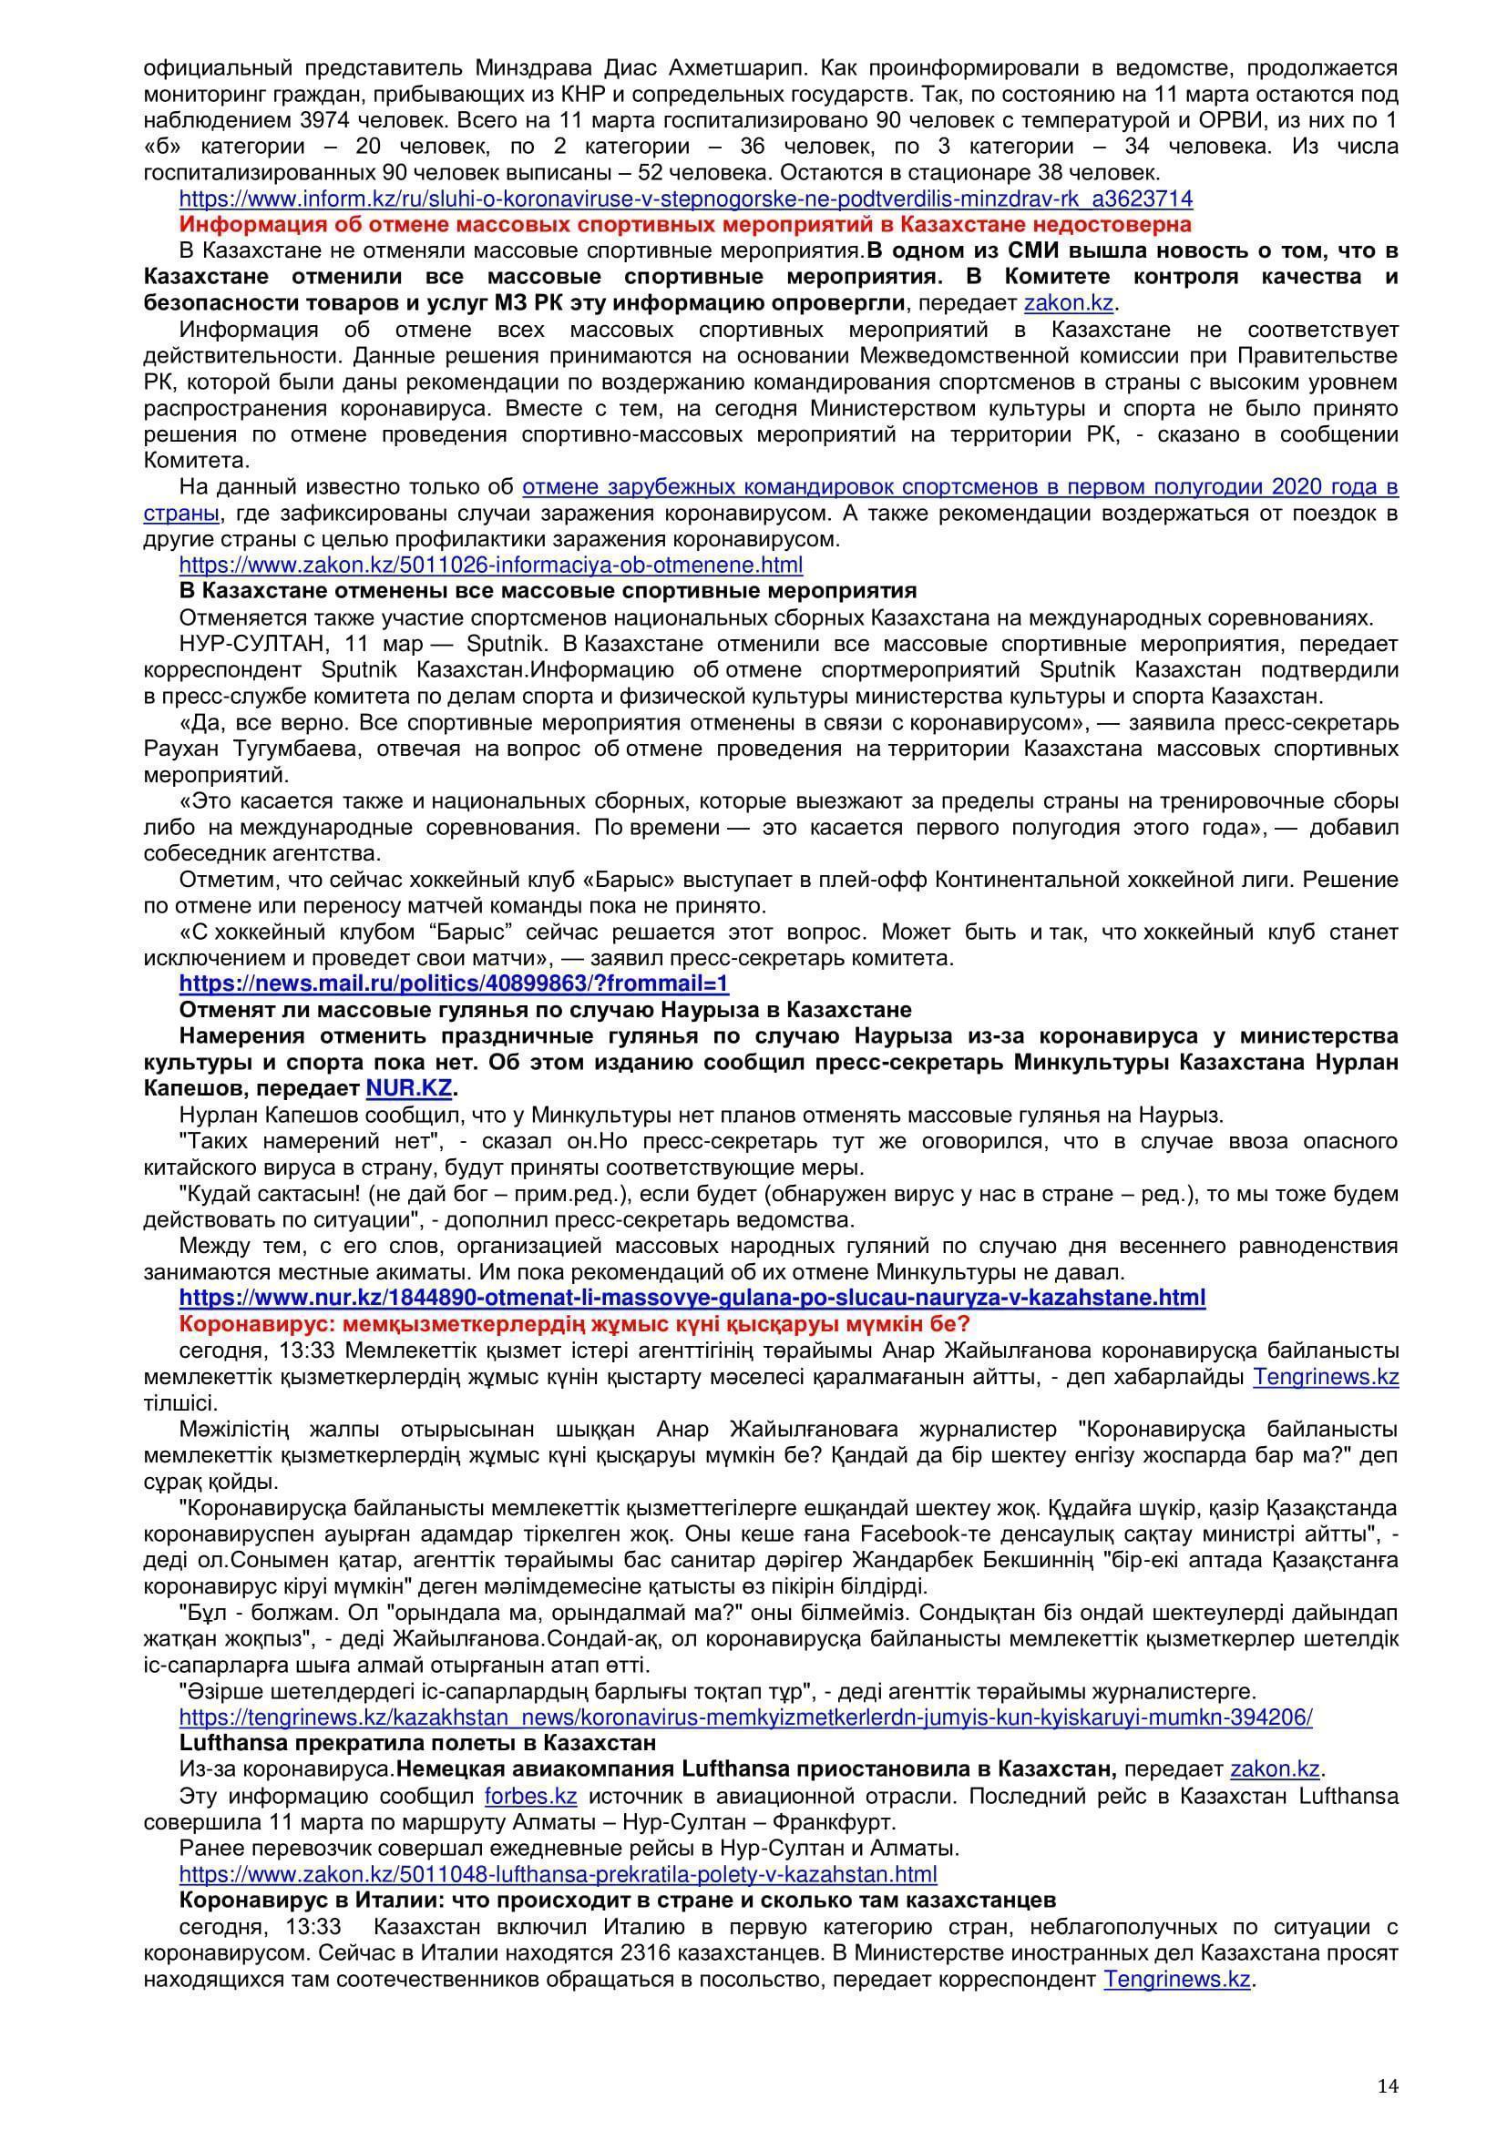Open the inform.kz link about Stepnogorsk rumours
pos(686,199)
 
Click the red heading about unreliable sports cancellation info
pos(685,225)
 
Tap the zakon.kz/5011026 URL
pos(491,565)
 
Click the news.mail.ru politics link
pos(454,983)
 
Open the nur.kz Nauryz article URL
pos(692,1297)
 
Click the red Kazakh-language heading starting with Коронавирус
pos(574,1323)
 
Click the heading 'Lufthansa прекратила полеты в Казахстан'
pos(417,1743)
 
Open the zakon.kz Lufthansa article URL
pos(558,1874)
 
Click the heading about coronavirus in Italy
pos(617,1900)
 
